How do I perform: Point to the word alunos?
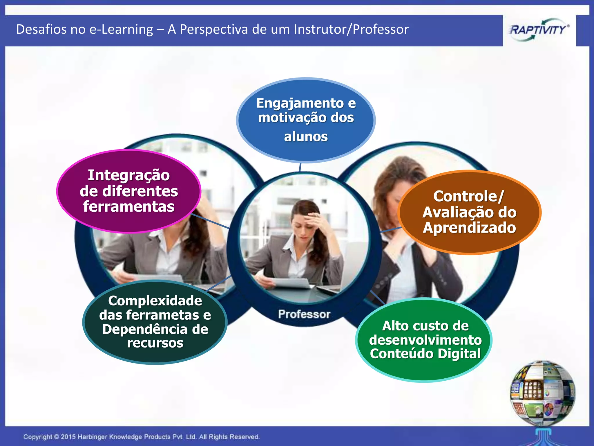coord(306,137)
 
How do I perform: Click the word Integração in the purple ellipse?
coord(128,175)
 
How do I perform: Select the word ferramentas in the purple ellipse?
coord(128,207)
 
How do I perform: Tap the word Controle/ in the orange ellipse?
coord(468,196)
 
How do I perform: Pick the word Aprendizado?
coord(469,228)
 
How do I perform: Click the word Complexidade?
coord(155,301)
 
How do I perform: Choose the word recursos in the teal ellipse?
coord(155,343)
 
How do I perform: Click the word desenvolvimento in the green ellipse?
coord(425,340)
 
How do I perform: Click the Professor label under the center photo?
coord(304,314)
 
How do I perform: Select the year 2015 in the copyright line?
coord(68,437)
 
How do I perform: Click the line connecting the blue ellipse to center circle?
coord(300,168)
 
